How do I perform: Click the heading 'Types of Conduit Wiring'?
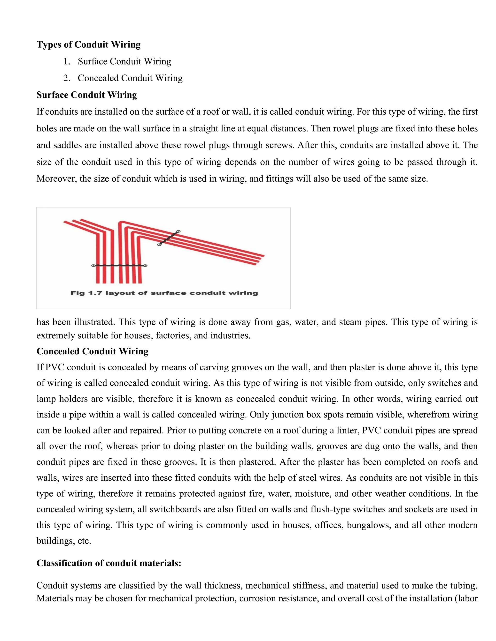click(x=88, y=45)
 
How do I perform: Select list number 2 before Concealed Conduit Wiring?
click(x=67, y=78)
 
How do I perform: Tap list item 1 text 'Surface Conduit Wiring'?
click(x=124, y=61)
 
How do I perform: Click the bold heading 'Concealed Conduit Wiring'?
click(x=92, y=351)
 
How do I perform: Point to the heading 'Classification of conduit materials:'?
click(x=109, y=563)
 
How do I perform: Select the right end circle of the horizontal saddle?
click(x=145, y=266)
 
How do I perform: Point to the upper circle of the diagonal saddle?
click(x=178, y=231)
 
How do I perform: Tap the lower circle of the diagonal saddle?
click(x=159, y=244)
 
